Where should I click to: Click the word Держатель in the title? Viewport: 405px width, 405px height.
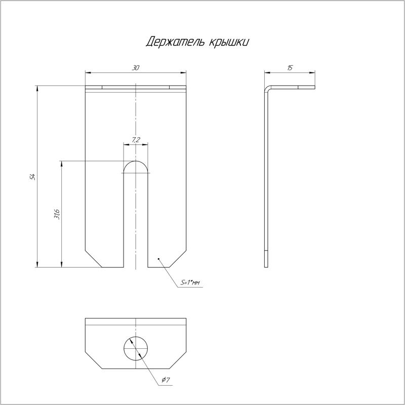175,42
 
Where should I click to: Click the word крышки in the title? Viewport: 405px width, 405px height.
229,43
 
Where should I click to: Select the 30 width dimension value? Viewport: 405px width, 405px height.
136,68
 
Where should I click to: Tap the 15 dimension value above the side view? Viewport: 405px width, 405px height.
290,68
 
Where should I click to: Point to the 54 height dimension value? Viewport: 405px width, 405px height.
32,177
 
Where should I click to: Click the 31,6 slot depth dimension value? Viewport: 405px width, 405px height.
57,214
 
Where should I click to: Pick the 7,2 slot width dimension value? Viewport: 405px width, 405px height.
136,140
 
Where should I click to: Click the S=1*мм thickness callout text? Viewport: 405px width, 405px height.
190,283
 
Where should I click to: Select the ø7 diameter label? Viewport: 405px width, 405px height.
166,380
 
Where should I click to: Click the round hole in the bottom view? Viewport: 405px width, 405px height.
136,348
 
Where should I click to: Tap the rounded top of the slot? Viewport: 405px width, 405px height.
136,167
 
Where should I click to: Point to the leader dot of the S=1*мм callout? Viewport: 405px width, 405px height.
158,259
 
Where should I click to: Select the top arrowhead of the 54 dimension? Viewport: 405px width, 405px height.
37,88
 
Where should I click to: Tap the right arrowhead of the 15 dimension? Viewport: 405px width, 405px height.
312,73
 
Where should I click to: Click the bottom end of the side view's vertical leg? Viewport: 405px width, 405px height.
266,267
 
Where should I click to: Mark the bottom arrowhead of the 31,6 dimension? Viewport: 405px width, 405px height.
61,264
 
